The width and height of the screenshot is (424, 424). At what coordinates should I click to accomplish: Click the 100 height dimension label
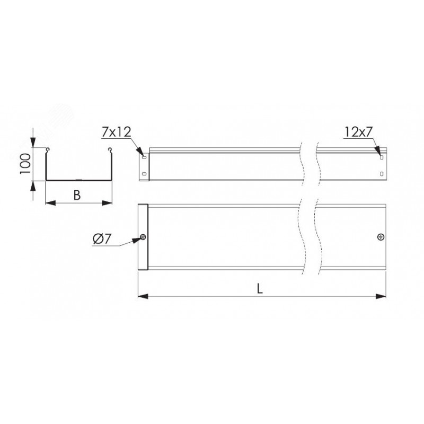(x=25, y=164)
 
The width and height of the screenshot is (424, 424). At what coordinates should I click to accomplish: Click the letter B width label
(x=77, y=195)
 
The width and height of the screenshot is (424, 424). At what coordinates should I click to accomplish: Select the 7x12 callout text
(x=117, y=132)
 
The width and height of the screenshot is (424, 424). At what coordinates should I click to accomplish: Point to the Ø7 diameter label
(x=102, y=239)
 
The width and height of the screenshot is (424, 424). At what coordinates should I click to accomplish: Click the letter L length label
(x=260, y=289)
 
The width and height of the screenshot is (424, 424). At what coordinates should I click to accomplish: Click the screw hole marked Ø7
(x=143, y=237)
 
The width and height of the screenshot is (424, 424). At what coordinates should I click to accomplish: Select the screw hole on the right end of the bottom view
(x=381, y=237)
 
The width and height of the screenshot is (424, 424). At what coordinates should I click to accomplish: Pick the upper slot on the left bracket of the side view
(x=144, y=156)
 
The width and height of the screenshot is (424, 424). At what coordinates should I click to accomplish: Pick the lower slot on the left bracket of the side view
(x=144, y=174)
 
